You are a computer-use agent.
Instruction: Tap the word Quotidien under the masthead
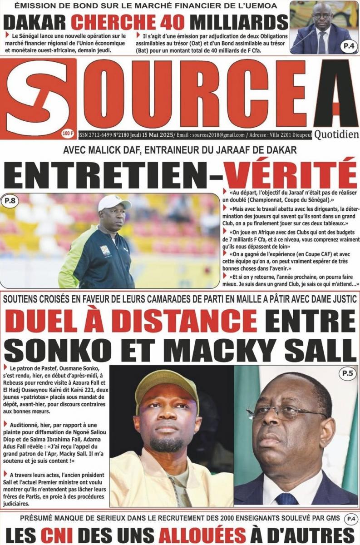pyautogui.click(x=335, y=135)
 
